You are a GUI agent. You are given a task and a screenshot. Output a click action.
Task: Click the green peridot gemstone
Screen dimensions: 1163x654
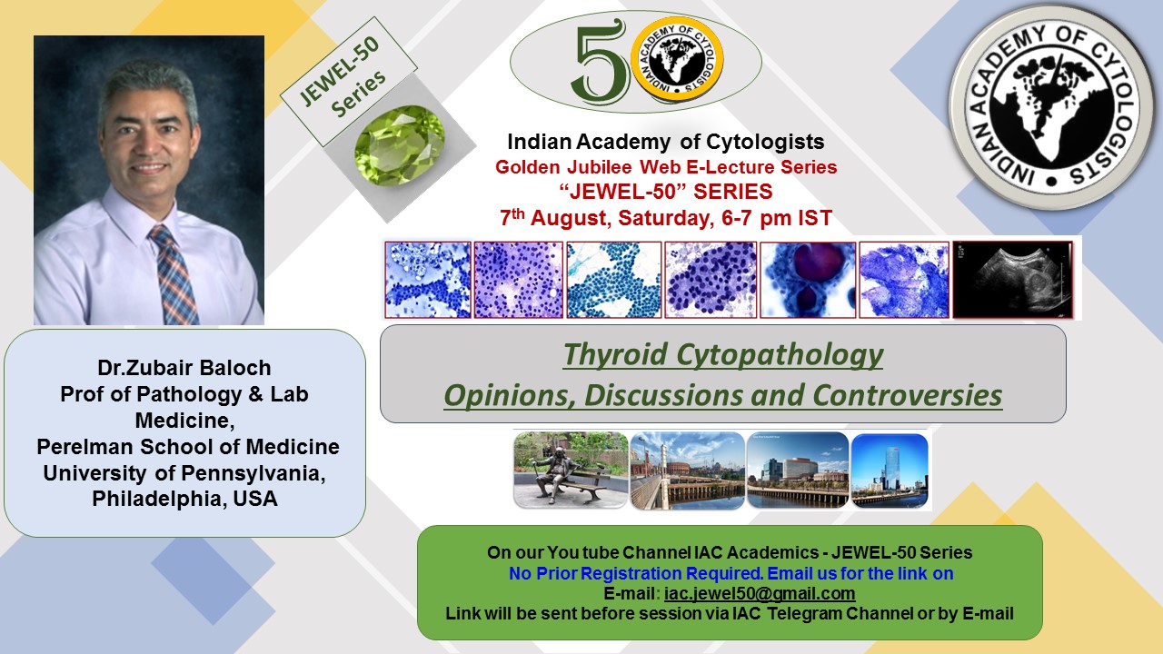tap(399, 145)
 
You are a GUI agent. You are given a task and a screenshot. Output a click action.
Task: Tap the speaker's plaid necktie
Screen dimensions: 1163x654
tap(174, 274)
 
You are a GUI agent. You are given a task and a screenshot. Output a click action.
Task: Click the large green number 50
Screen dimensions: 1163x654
tap(601, 60)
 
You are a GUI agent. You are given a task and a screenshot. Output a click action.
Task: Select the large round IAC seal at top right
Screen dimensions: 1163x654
tap(1052, 106)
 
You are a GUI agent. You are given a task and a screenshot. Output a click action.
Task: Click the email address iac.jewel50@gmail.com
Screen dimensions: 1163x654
tap(760, 593)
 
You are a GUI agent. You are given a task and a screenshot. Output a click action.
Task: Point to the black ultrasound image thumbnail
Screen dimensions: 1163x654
tap(1012, 280)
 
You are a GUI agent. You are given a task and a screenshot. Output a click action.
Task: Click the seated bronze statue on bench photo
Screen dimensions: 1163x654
tap(571, 470)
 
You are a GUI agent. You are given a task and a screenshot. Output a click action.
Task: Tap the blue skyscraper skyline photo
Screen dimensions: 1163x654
tap(890, 471)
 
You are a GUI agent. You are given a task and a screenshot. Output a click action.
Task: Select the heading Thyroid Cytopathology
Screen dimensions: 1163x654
tap(723, 355)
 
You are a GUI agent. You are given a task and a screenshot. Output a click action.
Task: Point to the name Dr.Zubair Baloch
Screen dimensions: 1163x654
tap(184, 368)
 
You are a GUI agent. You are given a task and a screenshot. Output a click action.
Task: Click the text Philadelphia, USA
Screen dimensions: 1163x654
tap(184, 499)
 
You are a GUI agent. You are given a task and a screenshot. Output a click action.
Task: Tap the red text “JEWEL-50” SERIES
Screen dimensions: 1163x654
tap(666, 192)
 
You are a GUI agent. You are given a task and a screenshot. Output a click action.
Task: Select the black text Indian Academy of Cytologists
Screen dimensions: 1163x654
tap(666, 142)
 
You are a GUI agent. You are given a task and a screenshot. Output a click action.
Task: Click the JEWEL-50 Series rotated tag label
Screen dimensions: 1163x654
tap(348, 81)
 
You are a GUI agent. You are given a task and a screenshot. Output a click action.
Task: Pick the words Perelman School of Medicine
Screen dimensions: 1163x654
tap(188, 446)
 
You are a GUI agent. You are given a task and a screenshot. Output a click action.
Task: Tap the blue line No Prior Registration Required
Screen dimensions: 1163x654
tap(635, 573)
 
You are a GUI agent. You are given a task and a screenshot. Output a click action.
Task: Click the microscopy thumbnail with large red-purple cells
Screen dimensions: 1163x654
tap(808, 280)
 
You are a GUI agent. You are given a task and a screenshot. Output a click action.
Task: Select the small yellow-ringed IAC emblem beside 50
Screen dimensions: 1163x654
tap(677, 59)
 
